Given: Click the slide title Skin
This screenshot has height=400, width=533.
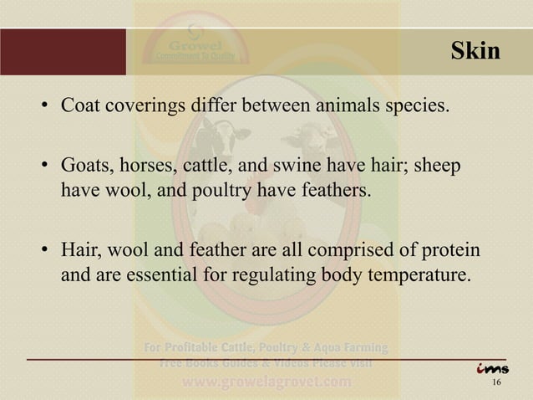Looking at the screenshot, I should point(475,52).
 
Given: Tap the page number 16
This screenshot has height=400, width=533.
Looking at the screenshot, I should point(497,384).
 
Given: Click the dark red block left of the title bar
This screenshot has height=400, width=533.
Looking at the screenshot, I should point(63,52).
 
